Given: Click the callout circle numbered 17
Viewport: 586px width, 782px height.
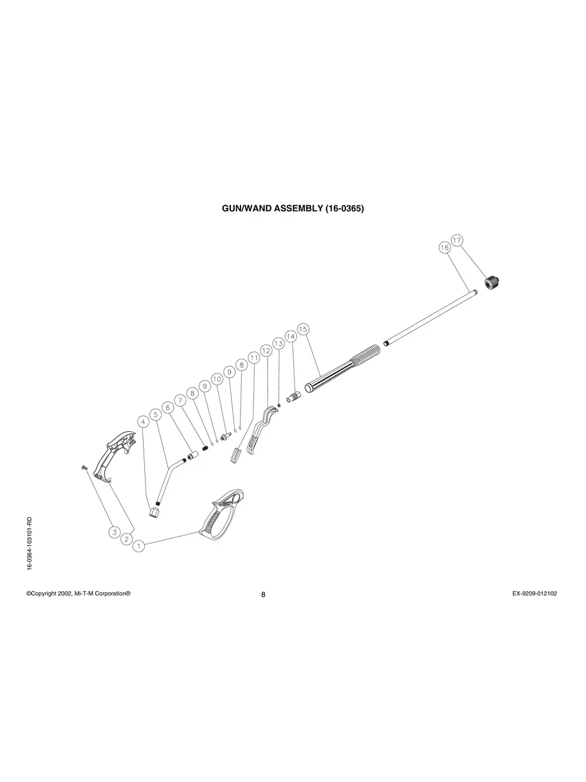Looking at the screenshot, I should tap(457, 240).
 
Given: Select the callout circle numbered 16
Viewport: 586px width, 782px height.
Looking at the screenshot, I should tap(444, 248).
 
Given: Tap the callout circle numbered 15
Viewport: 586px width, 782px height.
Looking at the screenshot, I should tap(303, 329).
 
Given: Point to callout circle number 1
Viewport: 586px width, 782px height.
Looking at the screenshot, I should tap(138, 546).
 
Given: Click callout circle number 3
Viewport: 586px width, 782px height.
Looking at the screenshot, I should tap(114, 532).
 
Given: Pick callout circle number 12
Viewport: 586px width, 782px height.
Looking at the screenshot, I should tap(266, 350).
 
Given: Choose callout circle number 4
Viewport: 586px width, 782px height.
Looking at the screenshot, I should tap(144, 421).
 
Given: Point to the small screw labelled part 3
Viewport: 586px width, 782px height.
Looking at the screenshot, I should tap(84, 467).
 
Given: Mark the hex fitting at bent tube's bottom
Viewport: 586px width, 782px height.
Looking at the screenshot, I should tap(154, 511).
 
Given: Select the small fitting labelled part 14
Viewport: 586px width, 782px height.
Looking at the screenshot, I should tap(294, 395).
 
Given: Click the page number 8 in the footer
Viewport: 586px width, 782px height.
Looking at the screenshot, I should tap(263, 595).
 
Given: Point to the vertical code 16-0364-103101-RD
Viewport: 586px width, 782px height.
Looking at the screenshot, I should tap(30, 544).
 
